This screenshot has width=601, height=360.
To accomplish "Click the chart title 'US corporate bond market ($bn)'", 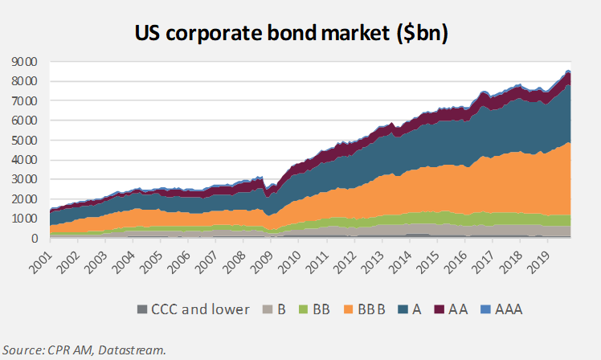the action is tap(292, 33).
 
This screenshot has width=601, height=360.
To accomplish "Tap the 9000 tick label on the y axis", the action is tap(25, 62).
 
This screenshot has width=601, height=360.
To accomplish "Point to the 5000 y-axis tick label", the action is tap(25, 141).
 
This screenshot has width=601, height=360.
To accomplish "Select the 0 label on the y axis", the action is tap(35, 239).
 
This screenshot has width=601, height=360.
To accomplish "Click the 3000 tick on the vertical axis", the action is tap(25, 179).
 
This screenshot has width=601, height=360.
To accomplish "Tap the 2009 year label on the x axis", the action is tap(262, 263).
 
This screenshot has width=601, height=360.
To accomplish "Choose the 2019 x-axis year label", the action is tap(539, 263).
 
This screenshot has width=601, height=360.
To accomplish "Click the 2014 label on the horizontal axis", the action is tap(401, 263).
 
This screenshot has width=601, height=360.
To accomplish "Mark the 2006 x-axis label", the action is tap(179, 263).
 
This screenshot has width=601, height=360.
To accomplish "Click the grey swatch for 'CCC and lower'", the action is tap(142, 309).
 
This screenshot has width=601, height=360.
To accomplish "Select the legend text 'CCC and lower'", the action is tap(200, 309).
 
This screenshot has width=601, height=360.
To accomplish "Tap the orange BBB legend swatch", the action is tap(348, 309).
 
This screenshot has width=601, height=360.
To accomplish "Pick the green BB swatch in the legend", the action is tap(303, 309).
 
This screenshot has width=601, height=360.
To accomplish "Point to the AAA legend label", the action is tap(509, 309).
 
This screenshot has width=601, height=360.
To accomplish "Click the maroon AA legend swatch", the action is tap(440, 309).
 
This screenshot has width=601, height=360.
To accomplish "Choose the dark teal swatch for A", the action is tap(403, 309).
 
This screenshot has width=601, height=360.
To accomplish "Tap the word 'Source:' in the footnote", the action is tap(24, 350).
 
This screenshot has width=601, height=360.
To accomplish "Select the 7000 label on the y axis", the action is tap(25, 101).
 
